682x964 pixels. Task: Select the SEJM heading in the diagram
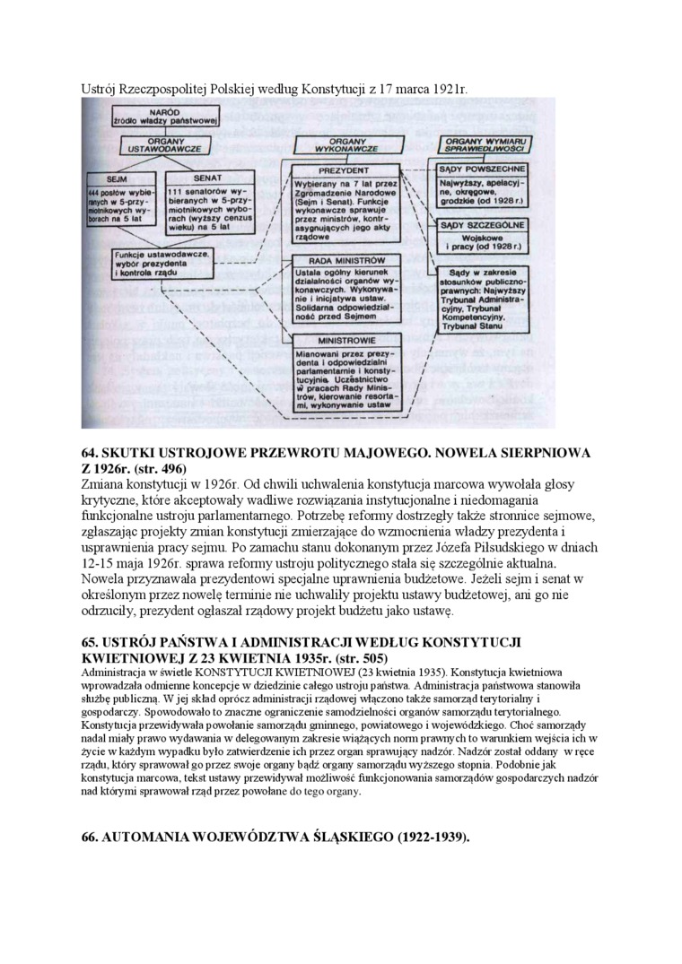[x=116, y=178]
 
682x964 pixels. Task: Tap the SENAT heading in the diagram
[x=207, y=178]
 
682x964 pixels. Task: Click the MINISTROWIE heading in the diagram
[x=346, y=341]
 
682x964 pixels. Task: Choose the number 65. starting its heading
[x=92, y=643]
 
